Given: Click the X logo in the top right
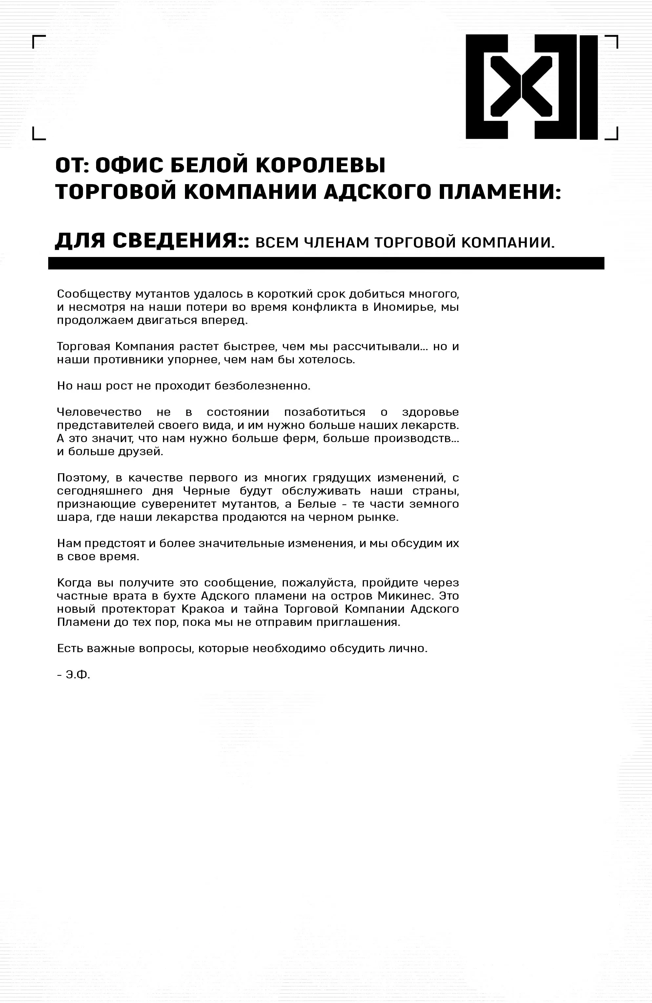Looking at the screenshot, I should (532, 87).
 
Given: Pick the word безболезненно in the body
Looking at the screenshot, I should (262, 386).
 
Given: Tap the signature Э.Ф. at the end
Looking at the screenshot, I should (78, 675).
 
